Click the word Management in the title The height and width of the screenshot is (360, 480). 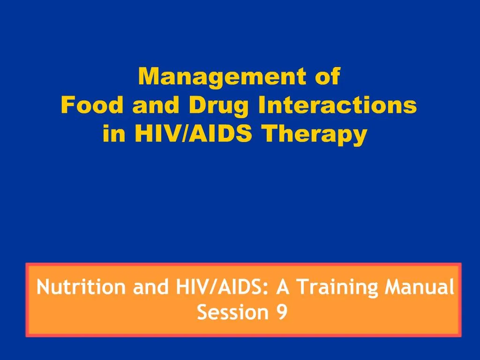[222, 78]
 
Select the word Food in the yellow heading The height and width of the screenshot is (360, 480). [92, 105]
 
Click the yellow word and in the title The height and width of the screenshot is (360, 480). [156, 105]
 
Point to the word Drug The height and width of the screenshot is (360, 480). [218, 106]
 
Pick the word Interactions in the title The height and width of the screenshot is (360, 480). [337, 105]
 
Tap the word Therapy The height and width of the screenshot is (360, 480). [315, 135]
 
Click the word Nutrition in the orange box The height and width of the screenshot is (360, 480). [81, 287]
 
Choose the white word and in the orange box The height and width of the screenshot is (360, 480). [150, 287]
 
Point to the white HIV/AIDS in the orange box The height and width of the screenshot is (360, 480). [219, 287]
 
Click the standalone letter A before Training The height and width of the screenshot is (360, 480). [283, 287]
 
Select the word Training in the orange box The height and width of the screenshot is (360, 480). [337, 288]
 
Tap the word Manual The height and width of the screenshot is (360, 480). [420, 287]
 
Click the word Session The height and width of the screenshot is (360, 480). [233, 312]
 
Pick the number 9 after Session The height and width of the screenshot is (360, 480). [282, 312]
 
